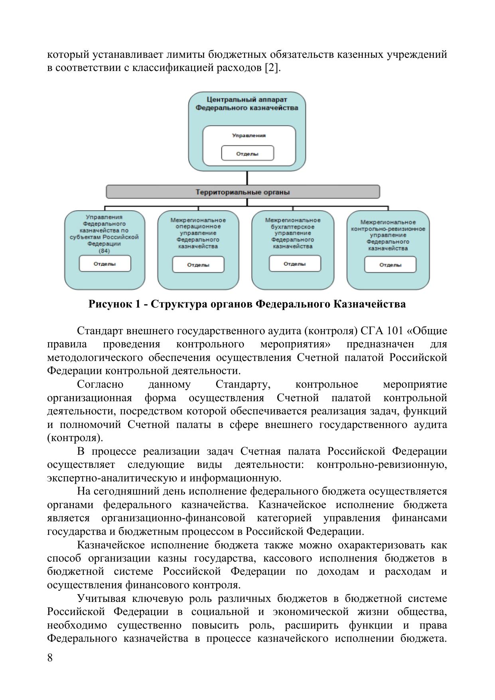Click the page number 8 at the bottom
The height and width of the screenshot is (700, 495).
click(50, 658)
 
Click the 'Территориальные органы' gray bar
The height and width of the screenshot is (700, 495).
click(243, 192)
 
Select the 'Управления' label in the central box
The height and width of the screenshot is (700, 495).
click(249, 136)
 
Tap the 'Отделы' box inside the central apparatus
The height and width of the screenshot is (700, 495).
click(247, 154)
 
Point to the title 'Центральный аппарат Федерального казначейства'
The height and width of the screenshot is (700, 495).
click(247, 104)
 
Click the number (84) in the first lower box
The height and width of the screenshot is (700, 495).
click(105, 251)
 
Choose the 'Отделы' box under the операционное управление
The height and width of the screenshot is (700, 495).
click(198, 265)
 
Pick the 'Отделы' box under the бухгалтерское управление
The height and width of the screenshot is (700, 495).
click(295, 264)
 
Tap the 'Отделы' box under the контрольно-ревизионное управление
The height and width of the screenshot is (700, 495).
click(390, 265)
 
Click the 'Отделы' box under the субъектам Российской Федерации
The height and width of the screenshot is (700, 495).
click(105, 264)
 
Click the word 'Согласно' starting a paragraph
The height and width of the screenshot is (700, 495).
click(100, 385)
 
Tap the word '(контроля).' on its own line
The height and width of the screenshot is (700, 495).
click(75, 438)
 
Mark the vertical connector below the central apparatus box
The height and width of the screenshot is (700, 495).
click(247, 178)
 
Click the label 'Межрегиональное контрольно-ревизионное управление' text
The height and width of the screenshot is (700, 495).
click(388, 235)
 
